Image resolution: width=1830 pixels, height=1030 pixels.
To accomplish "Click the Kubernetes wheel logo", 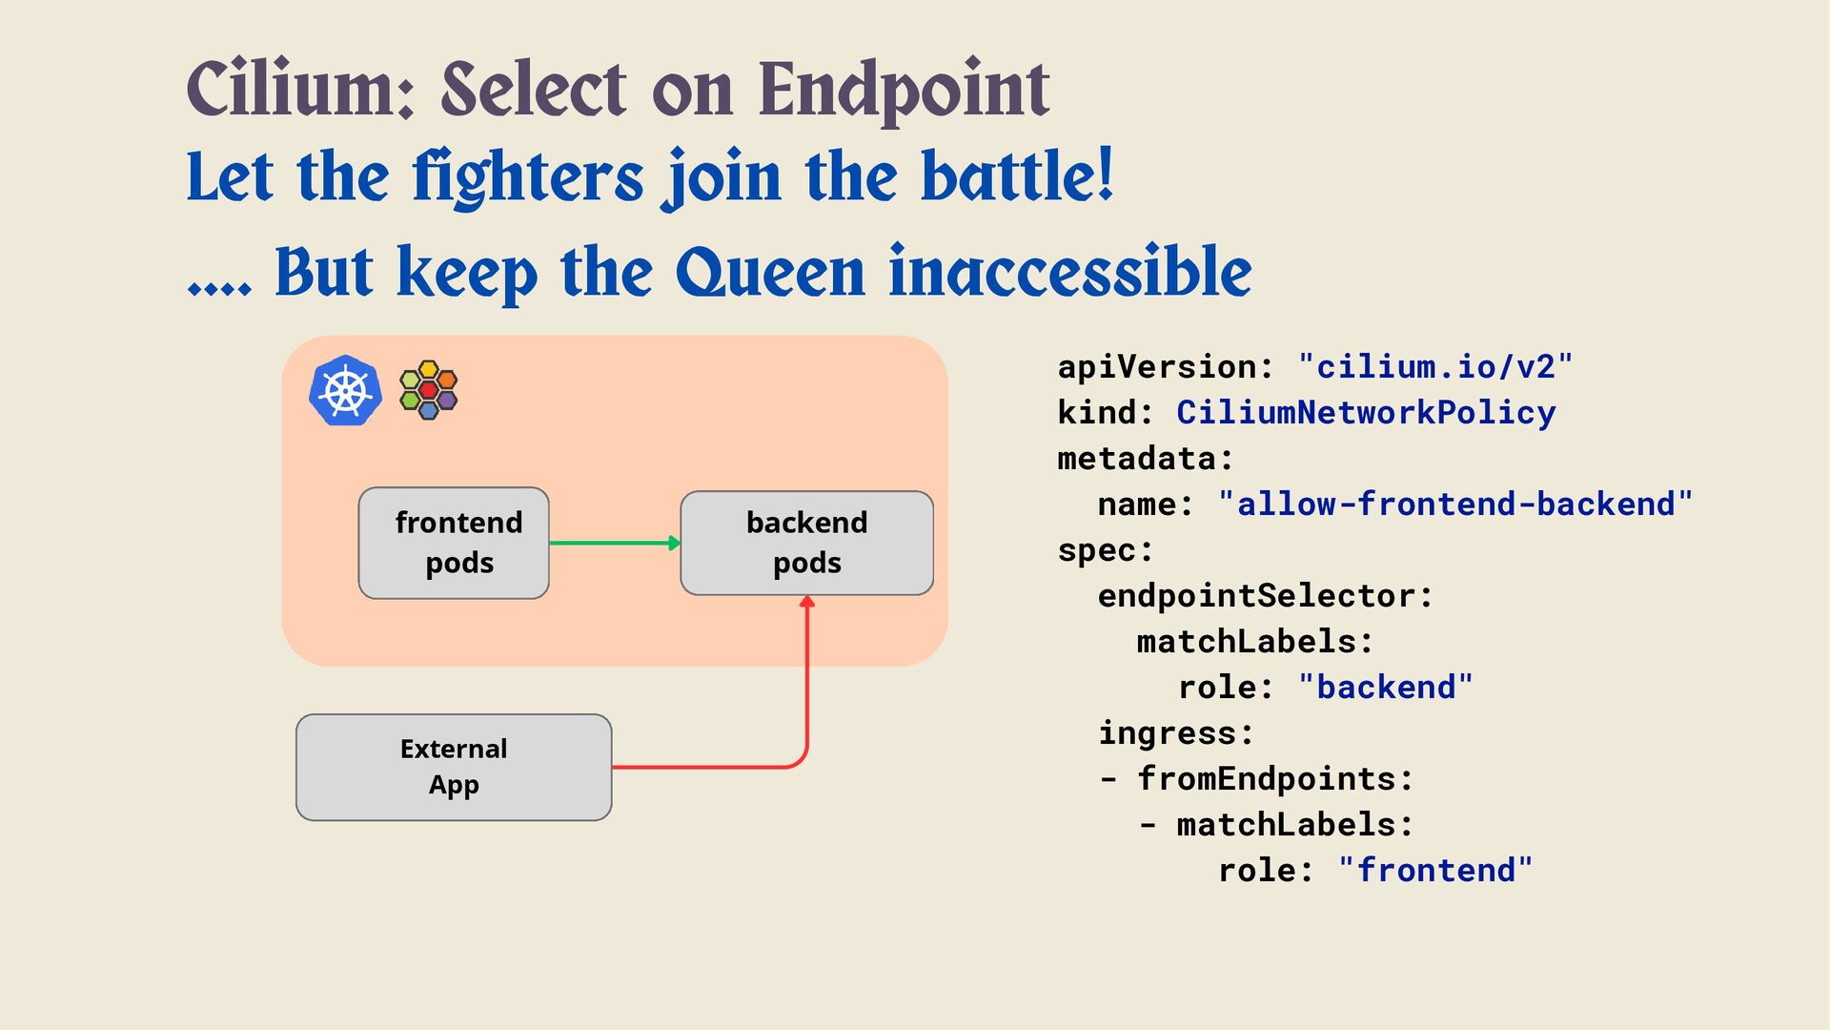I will point(345,390).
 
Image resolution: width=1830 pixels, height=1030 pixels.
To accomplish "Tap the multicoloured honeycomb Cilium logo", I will point(429,390).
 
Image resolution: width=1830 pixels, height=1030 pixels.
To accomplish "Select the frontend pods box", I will point(454,543).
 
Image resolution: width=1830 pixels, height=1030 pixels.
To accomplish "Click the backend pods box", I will point(806,543).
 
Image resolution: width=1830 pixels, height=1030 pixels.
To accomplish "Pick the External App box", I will point(454,767).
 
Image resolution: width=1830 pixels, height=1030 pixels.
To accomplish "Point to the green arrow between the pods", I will point(614,543).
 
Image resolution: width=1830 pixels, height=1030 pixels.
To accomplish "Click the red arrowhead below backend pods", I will point(807,603).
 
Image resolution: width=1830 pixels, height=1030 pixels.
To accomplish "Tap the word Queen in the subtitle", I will point(770,273).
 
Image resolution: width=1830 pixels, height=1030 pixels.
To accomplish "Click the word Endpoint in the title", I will point(903,90).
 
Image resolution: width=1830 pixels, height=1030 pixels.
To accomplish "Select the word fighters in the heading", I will point(528,178).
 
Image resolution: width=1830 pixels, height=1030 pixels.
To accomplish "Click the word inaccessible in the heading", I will point(1069,273).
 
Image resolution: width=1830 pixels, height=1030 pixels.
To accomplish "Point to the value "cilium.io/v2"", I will point(1435,366).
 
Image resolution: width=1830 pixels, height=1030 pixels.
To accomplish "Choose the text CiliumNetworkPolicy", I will point(1366,412).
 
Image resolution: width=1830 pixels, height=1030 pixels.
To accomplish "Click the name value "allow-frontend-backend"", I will point(1455,504).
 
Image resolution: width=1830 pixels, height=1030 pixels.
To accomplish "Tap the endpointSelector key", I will point(1264,595).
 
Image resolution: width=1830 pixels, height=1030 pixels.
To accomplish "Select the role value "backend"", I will point(1386,687).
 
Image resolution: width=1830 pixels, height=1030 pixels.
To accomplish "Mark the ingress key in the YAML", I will point(1174,732).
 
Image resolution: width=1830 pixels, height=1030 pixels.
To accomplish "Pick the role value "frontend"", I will point(1435,870).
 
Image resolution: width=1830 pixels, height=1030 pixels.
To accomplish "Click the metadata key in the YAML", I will point(1144,458).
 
